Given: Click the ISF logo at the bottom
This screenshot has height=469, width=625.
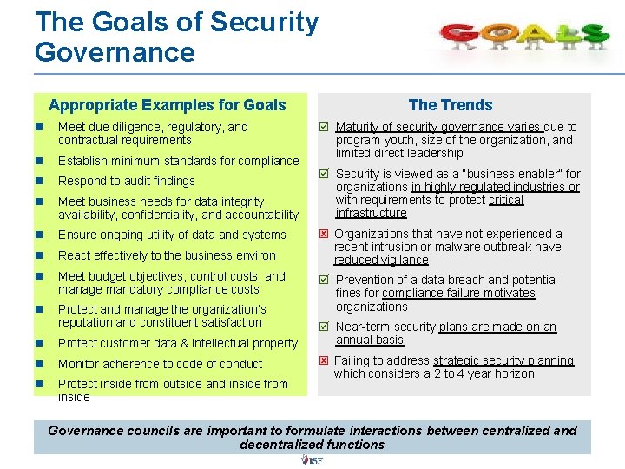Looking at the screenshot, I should point(312,459).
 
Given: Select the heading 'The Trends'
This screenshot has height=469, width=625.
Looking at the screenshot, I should point(450,105).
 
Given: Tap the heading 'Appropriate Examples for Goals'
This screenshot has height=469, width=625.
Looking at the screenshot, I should point(168,105).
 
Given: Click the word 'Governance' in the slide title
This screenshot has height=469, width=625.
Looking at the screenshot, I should point(115,52).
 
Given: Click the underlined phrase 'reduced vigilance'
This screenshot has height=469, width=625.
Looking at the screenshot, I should point(381,260).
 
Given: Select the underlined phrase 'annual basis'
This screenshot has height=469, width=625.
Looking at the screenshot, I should point(370,340).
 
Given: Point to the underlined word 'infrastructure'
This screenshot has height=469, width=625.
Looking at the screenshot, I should point(371,213).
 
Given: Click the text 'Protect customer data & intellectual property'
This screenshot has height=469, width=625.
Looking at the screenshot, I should point(177,343).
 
